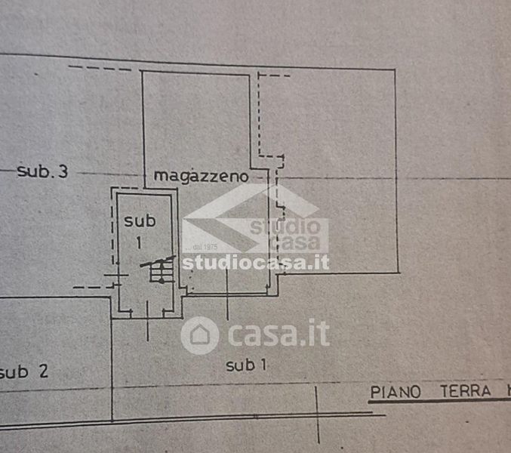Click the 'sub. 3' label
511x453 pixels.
[x=42, y=171]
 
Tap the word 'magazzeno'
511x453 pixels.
[x=201, y=175]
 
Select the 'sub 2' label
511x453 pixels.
[x=25, y=371]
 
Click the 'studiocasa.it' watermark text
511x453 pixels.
[x=255, y=262]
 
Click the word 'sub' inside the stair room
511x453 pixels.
[x=140, y=220]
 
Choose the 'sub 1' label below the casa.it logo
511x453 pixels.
[x=246, y=366]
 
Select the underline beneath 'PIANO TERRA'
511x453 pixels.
[x=438, y=400]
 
